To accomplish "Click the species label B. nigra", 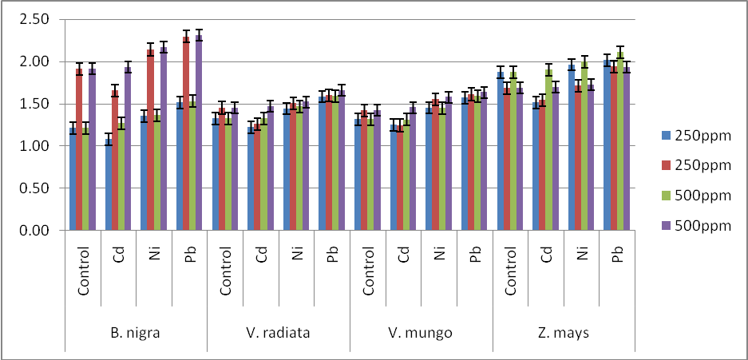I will pyautogui.click(x=136, y=333).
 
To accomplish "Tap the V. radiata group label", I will pyautogui.click(x=278, y=333).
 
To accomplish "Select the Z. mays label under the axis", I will pyautogui.click(x=564, y=333).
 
